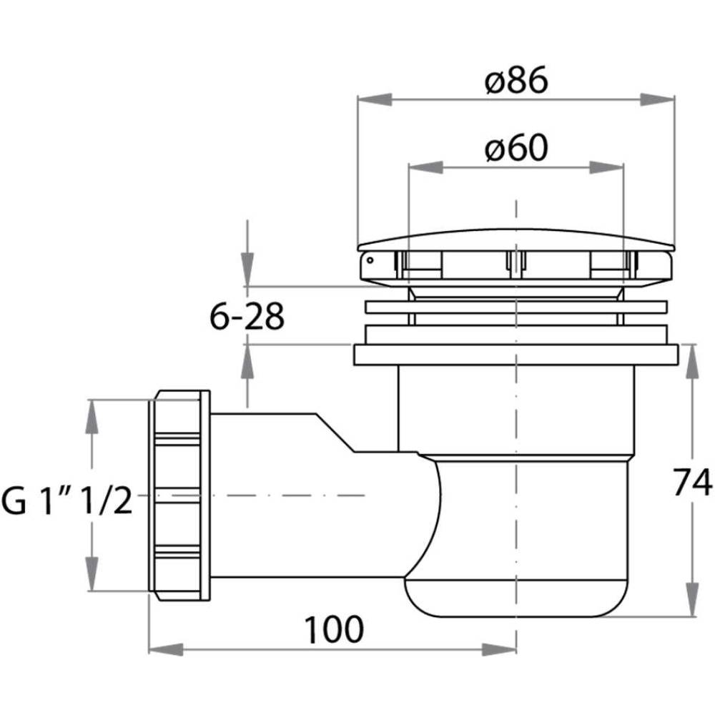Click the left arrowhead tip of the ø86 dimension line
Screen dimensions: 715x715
click(x=358, y=99)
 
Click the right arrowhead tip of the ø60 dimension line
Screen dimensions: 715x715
click(x=623, y=167)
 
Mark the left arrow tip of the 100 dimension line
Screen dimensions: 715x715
click(x=149, y=649)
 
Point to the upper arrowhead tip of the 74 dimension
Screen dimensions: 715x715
click(x=692, y=345)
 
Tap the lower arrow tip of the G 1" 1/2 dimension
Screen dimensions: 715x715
click(x=92, y=591)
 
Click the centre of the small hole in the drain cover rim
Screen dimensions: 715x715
click(x=370, y=260)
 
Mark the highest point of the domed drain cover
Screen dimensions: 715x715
click(x=516, y=229)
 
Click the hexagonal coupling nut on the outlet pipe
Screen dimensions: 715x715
click(x=179, y=495)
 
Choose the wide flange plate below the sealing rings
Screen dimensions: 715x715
click(x=516, y=355)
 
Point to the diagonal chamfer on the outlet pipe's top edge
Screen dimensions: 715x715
click(x=335, y=433)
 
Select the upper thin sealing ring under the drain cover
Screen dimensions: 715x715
click(x=516, y=307)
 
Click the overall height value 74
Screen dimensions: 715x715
click(x=692, y=482)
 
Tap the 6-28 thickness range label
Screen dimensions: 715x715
click(x=247, y=316)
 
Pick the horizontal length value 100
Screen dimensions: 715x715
click(x=334, y=629)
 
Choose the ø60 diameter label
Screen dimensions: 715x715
click(x=516, y=148)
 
